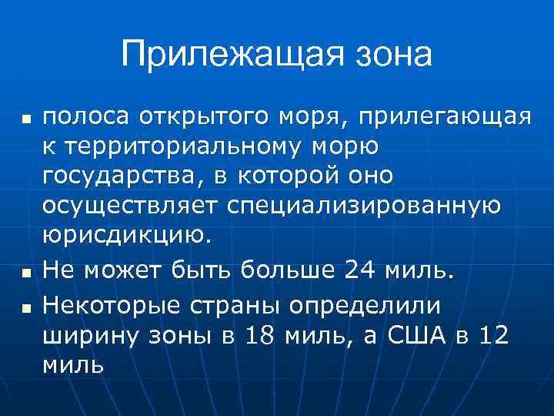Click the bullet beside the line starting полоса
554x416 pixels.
click(25, 120)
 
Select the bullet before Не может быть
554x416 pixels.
click(25, 272)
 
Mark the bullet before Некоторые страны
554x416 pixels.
click(25, 308)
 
